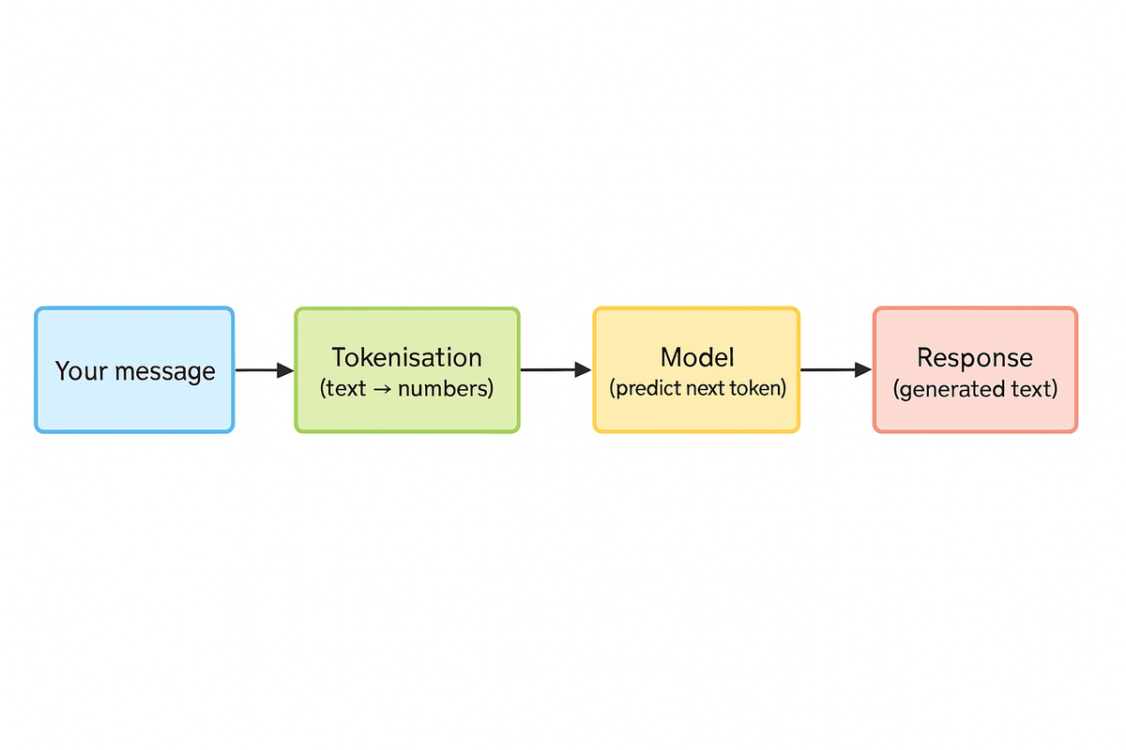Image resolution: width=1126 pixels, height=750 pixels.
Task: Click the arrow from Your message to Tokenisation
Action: pos(263,370)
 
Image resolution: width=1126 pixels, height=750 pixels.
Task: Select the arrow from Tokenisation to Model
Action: pos(554,370)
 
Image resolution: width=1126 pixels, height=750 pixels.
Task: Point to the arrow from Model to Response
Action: pos(833,370)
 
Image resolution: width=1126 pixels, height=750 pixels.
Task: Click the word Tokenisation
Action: pos(406,357)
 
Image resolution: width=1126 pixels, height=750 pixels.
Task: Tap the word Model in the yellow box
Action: pos(697,357)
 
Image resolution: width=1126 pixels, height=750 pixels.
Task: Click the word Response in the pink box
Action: pos(975,357)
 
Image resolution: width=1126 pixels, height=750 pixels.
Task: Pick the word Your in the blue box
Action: pos(76,371)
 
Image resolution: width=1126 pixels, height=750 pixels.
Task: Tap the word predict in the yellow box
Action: pos(647,388)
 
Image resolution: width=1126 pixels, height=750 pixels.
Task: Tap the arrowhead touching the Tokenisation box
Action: pos(285,370)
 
